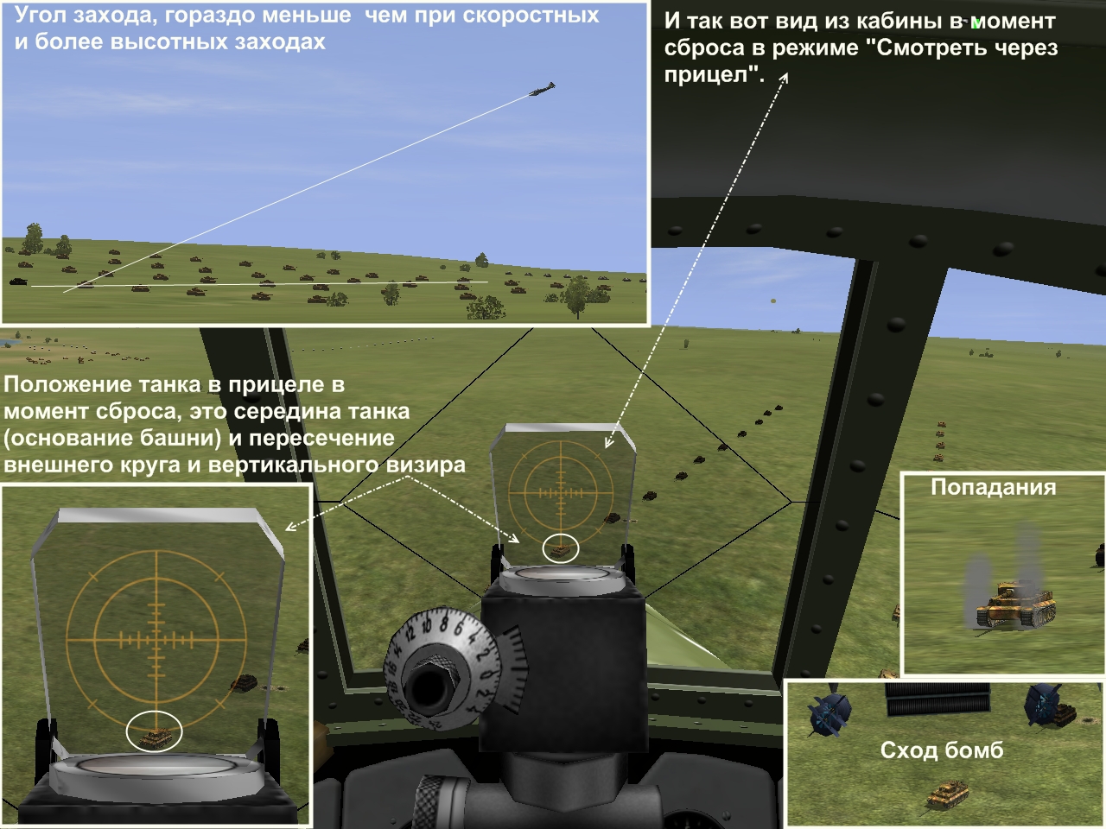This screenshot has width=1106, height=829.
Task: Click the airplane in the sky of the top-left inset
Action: pos(542,90)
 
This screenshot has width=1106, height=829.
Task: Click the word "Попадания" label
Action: pos(993,487)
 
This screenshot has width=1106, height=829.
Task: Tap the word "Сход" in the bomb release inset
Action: pos(908,750)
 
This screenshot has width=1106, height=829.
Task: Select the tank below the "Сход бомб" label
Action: pos(948,795)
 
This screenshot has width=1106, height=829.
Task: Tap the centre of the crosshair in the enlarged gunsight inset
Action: pos(156,640)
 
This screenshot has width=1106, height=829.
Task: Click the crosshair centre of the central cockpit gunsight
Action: pos(561,492)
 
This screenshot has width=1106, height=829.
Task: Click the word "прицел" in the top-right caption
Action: pos(711,75)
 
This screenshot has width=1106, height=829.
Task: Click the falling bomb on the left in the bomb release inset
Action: pos(829,711)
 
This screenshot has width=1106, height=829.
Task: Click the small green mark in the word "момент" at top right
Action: pos(976,23)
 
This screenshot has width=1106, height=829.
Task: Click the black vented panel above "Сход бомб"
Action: pos(938,699)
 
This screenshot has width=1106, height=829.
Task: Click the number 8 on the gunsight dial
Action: pos(443,624)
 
